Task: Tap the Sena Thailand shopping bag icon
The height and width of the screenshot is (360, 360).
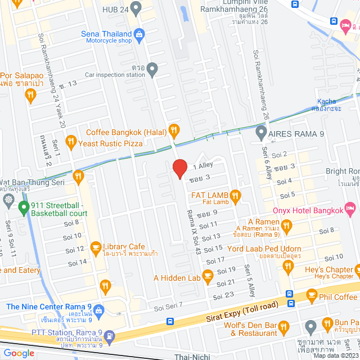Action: point(140,33)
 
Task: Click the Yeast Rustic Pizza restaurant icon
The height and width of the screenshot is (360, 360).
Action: point(70,141)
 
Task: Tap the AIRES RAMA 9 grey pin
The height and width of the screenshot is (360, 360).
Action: point(260,133)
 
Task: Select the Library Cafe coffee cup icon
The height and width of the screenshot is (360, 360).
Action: point(96,246)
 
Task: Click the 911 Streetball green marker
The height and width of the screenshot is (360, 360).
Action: point(23,209)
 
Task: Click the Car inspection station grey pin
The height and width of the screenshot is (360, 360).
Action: point(152,68)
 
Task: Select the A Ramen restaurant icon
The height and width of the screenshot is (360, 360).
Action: point(286,226)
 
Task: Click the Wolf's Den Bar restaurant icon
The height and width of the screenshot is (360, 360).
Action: point(283,326)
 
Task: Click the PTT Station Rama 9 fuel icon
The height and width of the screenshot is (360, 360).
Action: point(110,336)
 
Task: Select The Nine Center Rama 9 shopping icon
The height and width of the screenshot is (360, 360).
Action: point(98,310)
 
